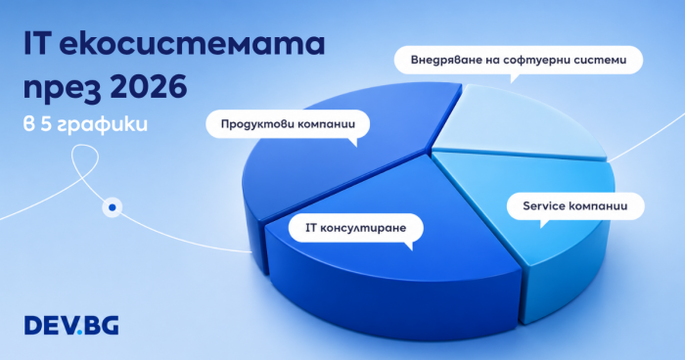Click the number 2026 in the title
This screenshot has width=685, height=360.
(149, 86)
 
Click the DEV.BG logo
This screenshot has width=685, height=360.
(71, 326)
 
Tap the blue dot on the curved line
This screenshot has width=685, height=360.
(113, 207)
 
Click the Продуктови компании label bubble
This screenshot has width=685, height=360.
(288, 124)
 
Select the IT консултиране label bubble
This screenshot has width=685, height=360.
(355, 228)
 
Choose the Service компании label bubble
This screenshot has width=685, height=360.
(575, 205)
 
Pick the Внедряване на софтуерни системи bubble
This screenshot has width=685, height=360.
(519, 60)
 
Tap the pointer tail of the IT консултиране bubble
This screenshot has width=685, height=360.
(409, 246)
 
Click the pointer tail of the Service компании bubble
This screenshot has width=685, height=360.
(544, 224)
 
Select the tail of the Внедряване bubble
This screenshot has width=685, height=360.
(514, 78)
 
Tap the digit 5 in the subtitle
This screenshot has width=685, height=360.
(46, 124)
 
